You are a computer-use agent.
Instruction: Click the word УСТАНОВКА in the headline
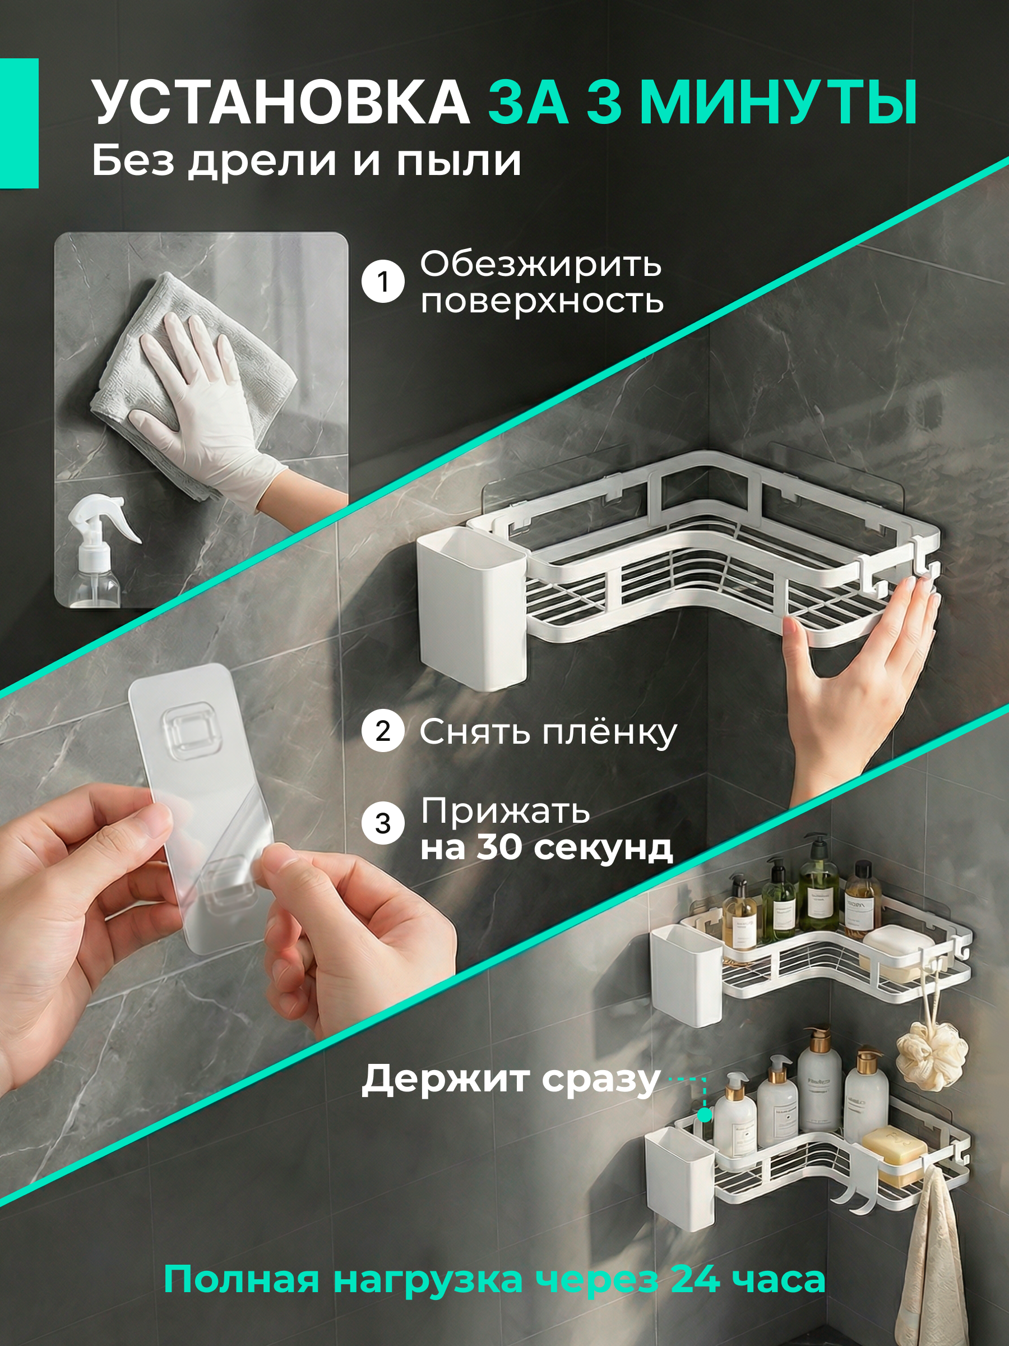[x=280, y=102]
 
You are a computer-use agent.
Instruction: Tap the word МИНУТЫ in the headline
[x=779, y=102]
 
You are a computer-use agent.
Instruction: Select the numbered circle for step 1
[x=382, y=282]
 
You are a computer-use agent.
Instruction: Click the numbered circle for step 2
[x=382, y=731]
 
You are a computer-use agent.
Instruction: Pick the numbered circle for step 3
[x=382, y=823]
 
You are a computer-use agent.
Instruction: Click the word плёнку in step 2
[x=609, y=731]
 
